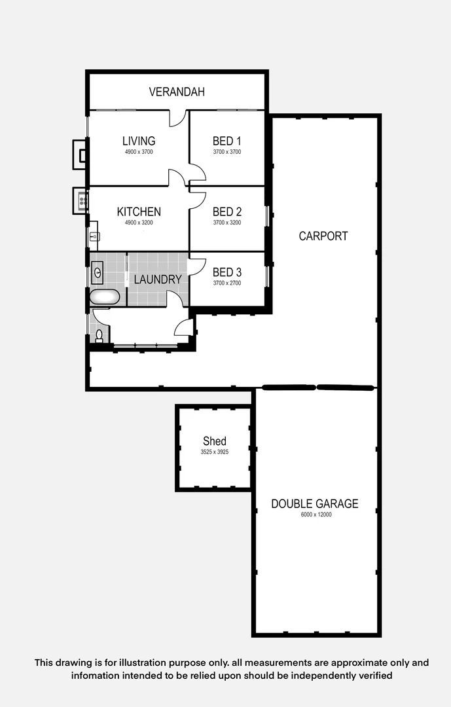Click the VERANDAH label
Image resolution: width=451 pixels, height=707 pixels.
[177, 92]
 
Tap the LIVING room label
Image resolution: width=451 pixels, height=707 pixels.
[139, 141]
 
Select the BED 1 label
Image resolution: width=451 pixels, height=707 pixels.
[227, 141]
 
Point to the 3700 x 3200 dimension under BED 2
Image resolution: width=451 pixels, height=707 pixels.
[227, 223]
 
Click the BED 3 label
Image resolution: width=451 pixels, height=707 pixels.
[227, 272]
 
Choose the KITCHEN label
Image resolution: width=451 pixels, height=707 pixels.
[139, 212]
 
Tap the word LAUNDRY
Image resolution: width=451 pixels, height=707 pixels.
[158, 280]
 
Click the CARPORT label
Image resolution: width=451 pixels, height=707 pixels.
[323, 236]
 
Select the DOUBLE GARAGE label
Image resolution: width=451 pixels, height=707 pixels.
[315, 504]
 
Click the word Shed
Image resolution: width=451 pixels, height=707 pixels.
[214, 441]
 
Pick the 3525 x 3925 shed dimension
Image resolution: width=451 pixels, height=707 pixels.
[214, 452]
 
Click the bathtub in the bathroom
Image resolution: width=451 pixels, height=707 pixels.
[104, 297]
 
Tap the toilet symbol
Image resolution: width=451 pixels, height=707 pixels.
[99, 336]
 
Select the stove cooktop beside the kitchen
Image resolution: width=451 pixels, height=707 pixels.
[82, 198]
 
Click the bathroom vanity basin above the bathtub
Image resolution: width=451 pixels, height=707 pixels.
[98, 270]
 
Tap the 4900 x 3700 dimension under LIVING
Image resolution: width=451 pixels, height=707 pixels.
[139, 152]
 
